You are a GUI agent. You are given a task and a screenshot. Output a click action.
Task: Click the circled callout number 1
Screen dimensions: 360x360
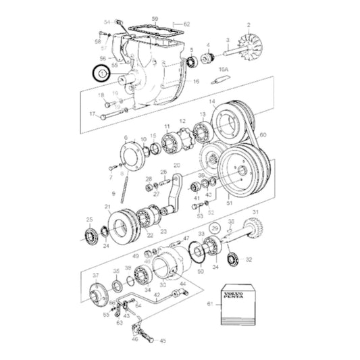click(x=101, y=72)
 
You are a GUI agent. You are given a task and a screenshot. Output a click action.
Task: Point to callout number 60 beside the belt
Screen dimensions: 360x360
click(x=262, y=135)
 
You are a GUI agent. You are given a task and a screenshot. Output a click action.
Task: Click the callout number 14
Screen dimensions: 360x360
click(x=212, y=102)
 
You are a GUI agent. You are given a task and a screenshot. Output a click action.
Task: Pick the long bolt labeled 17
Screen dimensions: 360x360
click(x=111, y=116)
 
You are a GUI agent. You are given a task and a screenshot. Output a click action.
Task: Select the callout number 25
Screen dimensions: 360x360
click(x=89, y=220)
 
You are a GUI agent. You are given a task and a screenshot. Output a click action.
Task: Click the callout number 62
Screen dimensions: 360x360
click(x=186, y=24)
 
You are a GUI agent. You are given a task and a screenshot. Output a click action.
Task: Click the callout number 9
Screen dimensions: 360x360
click(x=113, y=192)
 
